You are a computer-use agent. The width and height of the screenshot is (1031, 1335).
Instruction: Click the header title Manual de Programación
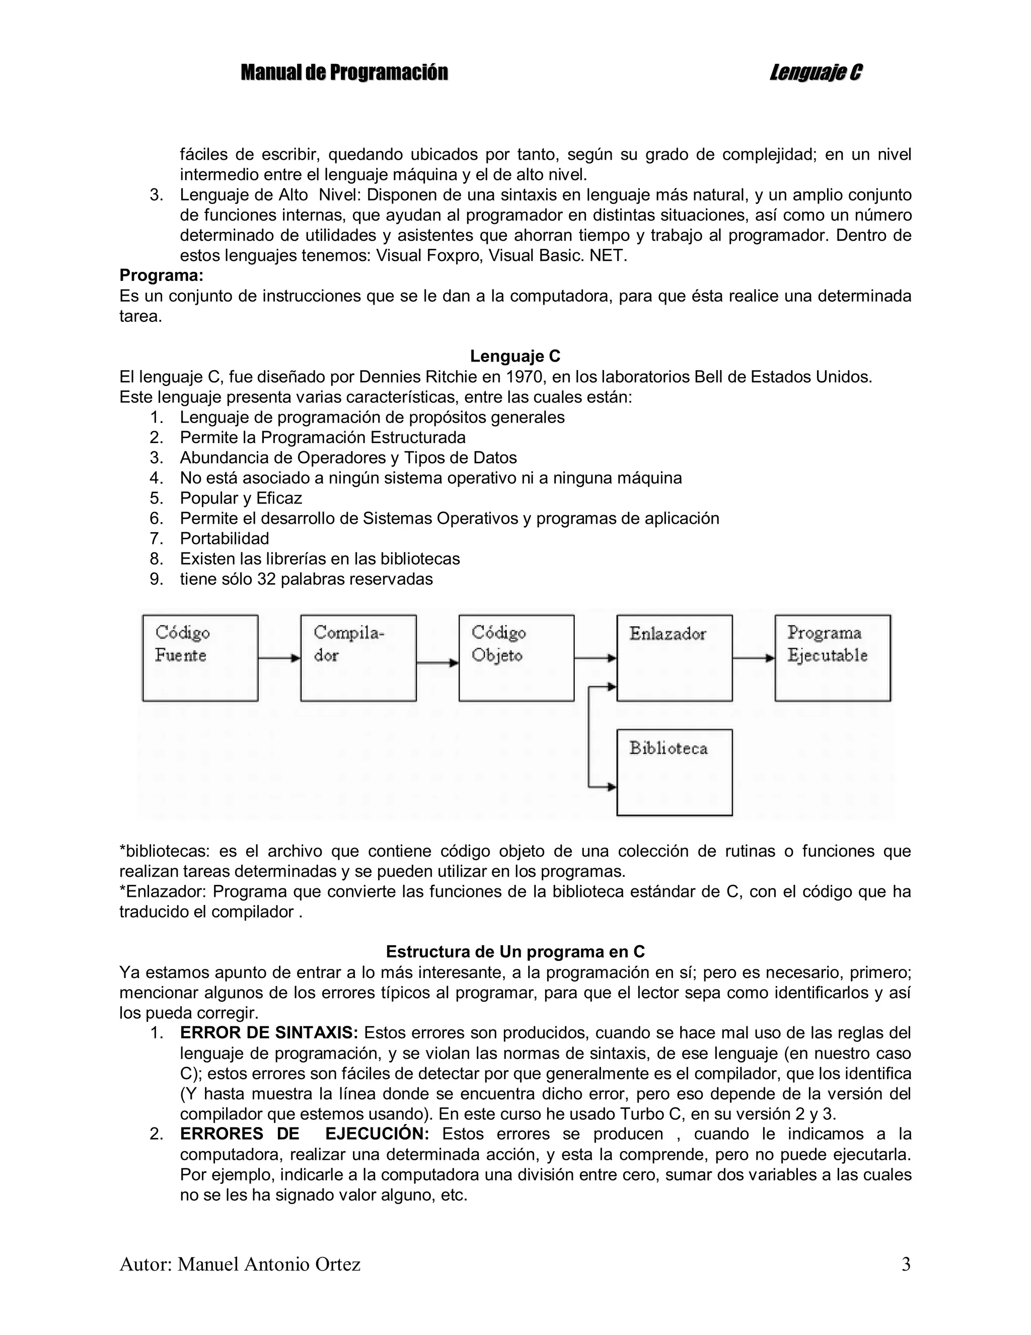click(x=344, y=73)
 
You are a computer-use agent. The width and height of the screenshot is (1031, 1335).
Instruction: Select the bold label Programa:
click(x=161, y=275)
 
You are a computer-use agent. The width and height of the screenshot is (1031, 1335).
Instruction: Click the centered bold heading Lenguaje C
click(x=514, y=357)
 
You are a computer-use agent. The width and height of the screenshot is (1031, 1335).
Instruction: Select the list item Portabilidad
click(x=225, y=538)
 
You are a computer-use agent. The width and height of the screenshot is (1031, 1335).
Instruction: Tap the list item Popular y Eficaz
click(x=241, y=498)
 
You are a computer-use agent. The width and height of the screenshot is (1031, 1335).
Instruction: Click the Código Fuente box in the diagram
click(x=200, y=658)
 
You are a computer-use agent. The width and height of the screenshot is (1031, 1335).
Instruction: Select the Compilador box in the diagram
click(x=358, y=658)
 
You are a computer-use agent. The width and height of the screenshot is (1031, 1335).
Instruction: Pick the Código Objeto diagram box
click(x=517, y=658)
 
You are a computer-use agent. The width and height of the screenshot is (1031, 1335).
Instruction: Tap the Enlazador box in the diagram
click(x=674, y=658)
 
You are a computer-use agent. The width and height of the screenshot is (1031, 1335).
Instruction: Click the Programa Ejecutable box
click(x=832, y=658)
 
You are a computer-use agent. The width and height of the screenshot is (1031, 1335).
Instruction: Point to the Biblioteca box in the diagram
click(x=674, y=772)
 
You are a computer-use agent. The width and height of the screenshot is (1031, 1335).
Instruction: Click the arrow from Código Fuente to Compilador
click(x=279, y=658)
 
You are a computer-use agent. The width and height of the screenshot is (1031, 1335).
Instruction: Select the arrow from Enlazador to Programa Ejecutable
click(x=754, y=658)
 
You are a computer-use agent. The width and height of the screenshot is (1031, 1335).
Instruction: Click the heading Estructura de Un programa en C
click(x=515, y=952)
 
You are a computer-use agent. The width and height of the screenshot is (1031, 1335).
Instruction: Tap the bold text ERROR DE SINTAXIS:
click(x=269, y=1033)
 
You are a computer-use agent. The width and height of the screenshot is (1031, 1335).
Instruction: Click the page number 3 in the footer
click(x=906, y=1264)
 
